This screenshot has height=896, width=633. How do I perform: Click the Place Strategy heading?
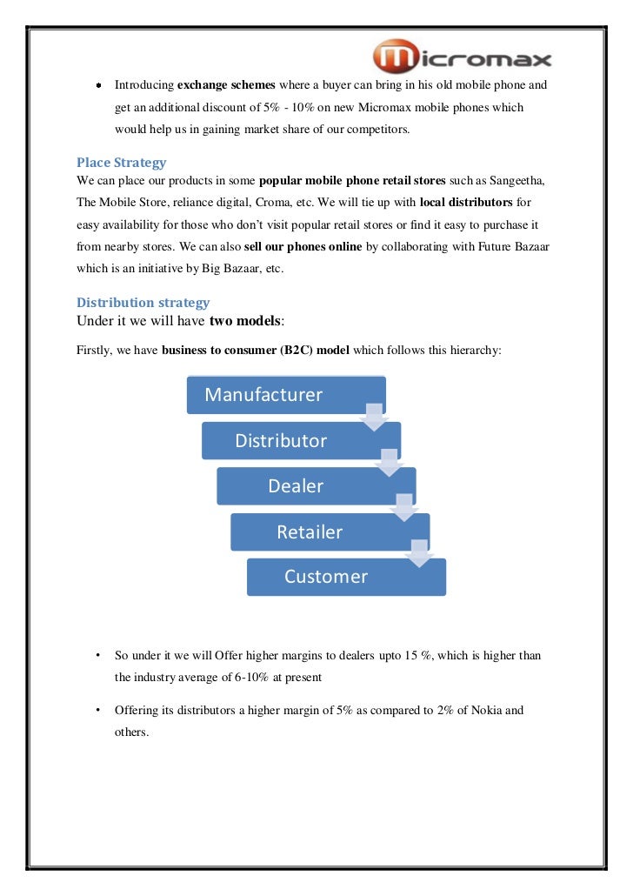point(121,163)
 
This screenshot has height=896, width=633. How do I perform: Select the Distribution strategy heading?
point(143,303)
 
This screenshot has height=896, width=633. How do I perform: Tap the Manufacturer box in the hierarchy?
point(263,395)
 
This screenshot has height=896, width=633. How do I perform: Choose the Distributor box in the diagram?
point(281,441)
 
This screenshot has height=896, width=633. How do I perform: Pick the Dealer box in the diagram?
point(296,486)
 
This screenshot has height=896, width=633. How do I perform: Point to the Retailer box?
point(310,532)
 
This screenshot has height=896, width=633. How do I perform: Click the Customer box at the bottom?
point(326,577)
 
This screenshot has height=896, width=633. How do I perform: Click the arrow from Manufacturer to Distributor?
point(374,417)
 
